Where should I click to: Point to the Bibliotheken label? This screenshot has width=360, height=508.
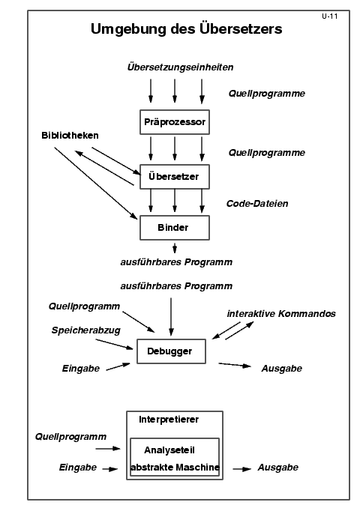[x=70, y=135]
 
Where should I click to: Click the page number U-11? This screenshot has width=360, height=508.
[x=329, y=16]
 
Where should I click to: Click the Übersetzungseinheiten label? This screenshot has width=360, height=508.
[x=180, y=67]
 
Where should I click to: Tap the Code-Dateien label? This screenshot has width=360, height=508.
[x=257, y=204]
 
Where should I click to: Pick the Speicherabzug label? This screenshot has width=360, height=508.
[x=86, y=330]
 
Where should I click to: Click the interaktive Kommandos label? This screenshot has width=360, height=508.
[x=281, y=314]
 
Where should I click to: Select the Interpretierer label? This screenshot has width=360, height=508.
[x=169, y=420]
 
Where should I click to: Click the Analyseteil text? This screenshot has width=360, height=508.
[x=169, y=450]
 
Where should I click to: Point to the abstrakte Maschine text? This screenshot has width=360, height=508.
[x=175, y=468]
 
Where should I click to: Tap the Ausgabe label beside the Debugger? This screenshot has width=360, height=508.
[x=282, y=369]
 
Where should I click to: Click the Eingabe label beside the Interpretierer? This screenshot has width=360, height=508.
[x=78, y=468]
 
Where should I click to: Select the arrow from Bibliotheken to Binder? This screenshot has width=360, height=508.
[x=96, y=184]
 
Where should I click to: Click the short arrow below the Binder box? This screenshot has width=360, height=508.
[x=175, y=248]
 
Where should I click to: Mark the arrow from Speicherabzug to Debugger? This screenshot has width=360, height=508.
[x=114, y=344]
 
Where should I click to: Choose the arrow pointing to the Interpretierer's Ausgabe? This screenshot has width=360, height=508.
[x=242, y=469]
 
